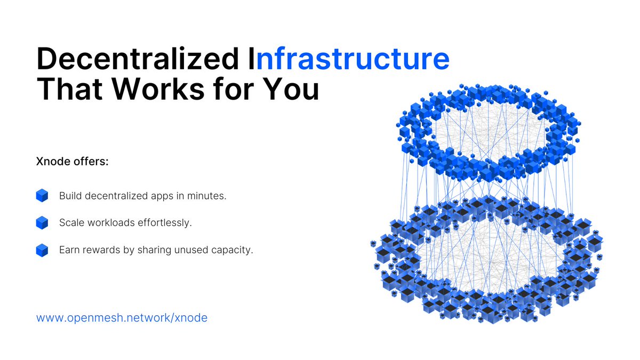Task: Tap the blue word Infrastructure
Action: (x=353, y=60)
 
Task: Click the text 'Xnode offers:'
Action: (x=72, y=162)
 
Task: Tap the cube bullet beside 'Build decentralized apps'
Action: (x=42, y=196)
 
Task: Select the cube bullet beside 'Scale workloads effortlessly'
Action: (x=42, y=222)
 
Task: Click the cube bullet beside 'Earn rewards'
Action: (x=42, y=250)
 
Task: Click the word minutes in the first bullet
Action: (x=207, y=196)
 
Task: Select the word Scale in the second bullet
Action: (x=70, y=222)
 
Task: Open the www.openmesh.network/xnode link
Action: (x=122, y=318)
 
